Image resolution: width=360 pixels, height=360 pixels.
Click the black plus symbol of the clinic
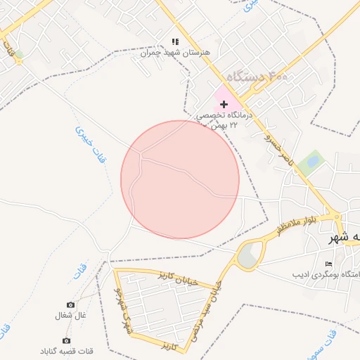coord(224,103)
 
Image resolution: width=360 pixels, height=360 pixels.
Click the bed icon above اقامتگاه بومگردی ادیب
coord(328,264)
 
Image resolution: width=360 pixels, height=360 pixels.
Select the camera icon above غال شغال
coord(70,304)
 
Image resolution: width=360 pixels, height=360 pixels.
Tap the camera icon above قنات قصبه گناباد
coord(67,340)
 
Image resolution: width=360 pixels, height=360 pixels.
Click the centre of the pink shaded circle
coord(180,179)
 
